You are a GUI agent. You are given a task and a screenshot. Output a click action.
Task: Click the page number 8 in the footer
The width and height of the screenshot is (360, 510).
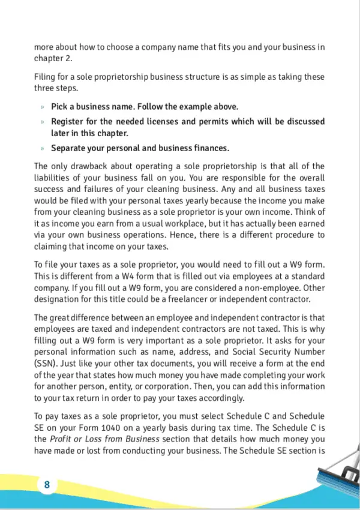[x=46, y=485]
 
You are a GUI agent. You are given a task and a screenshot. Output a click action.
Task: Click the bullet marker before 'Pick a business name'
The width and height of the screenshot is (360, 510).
[x=43, y=107]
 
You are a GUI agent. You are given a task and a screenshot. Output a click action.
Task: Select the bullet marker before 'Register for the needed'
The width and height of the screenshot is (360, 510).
[x=43, y=122]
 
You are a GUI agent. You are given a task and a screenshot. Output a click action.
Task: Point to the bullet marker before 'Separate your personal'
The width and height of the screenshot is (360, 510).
[x=43, y=148]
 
